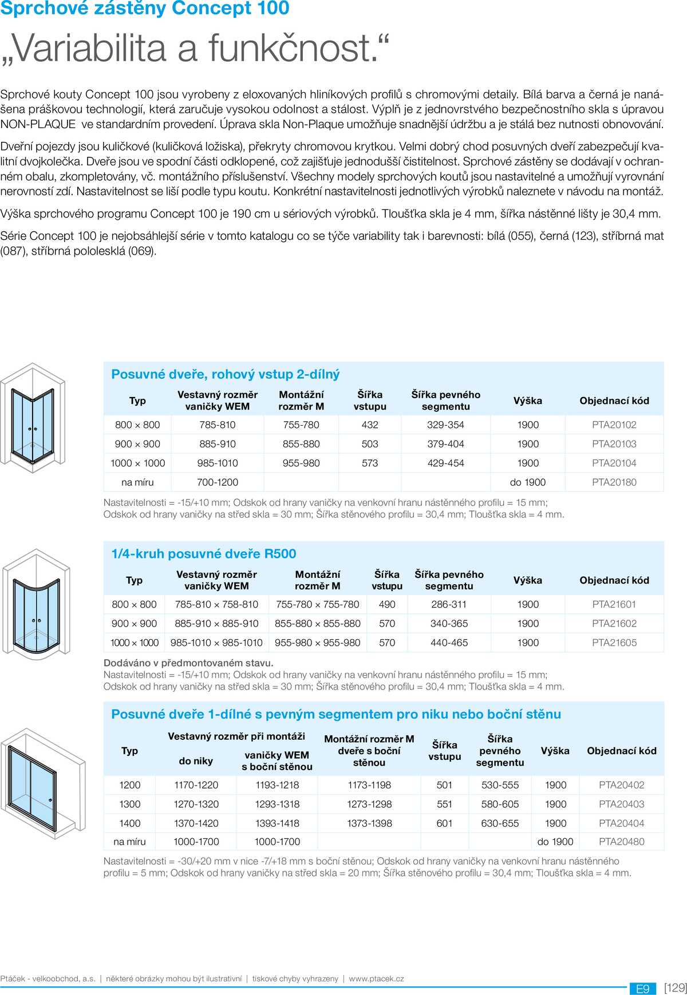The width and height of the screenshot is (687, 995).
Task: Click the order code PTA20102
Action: point(614,425)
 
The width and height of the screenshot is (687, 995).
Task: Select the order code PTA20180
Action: point(614,482)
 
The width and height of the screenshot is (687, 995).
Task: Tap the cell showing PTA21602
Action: point(614,624)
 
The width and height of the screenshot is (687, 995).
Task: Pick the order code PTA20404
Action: point(621,823)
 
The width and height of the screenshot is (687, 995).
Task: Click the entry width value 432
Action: point(370,425)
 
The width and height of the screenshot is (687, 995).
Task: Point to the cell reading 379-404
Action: point(445,444)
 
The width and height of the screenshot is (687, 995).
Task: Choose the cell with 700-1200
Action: point(218,482)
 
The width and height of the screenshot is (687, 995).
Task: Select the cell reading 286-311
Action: point(449,604)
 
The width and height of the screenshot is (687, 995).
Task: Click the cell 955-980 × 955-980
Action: point(317,643)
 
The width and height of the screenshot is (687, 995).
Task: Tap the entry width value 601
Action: point(444,823)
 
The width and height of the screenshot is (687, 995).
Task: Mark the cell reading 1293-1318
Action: point(277,804)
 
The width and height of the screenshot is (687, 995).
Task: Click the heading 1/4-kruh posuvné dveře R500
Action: point(204,554)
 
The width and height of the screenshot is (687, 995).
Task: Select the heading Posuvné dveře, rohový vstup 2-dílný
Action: point(226,374)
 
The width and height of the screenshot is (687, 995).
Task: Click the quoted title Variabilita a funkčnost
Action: point(195,48)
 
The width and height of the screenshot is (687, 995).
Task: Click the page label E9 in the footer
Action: point(642,989)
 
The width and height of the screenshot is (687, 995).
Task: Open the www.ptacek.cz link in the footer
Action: point(376,979)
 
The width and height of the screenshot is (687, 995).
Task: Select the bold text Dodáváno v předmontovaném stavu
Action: point(188,663)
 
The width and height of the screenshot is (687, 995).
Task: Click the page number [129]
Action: point(675,988)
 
